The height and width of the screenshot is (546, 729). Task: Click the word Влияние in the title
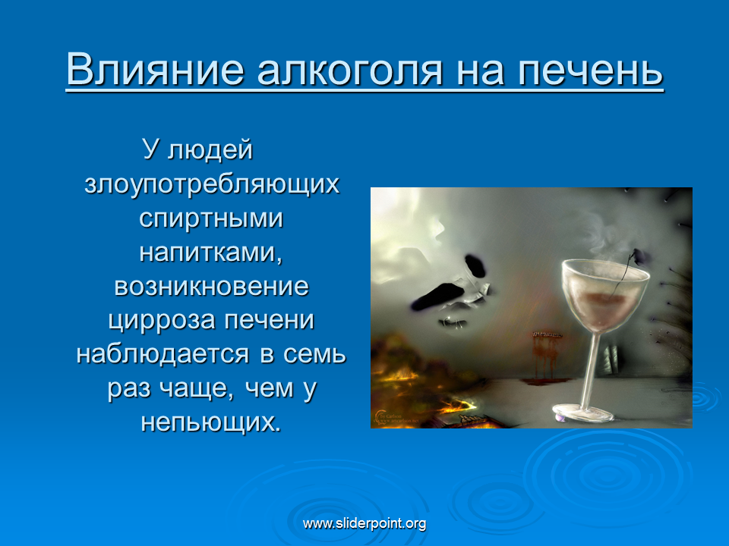[x=155, y=69]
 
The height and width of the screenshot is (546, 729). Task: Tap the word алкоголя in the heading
[x=349, y=70]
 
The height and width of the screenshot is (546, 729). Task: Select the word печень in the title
[x=590, y=70]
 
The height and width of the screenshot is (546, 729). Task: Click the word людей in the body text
[x=210, y=150]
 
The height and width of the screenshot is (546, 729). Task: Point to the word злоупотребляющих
[x=212, y=184]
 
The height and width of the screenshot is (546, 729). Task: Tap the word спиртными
[x=211, y=218]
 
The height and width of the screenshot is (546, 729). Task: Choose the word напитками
[x=211, y=252]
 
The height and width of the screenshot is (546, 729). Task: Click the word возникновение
[x=212, y=287]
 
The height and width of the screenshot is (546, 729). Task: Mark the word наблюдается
[x=163, y=354]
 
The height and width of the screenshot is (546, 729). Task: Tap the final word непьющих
[x=212, y=422]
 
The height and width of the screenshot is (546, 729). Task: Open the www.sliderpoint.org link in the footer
[x=364, y=523]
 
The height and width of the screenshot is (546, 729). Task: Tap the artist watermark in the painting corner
[x=396, y=417]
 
